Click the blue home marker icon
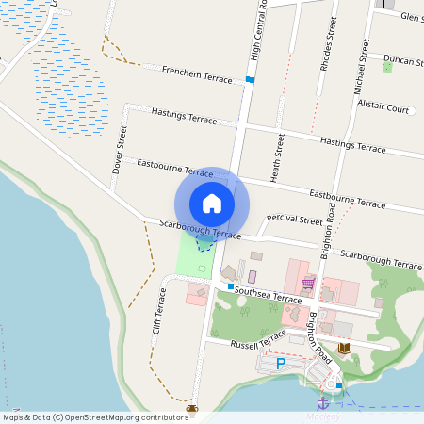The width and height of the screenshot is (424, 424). (x=212, y=203)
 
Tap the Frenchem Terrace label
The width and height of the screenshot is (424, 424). (x=197, y=74)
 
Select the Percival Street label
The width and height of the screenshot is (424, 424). (x=295, y=220)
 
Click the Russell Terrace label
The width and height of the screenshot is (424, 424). (x=259, y=339)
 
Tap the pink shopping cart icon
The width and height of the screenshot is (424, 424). (x=308, y=282)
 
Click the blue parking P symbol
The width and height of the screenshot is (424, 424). (x=280, y=363)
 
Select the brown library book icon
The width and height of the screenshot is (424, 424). (x=344, y=349)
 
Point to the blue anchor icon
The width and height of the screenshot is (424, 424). (x=326, y=402)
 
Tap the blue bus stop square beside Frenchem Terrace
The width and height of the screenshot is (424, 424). (x=250, y=79)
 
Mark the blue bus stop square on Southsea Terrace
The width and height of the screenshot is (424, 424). (x=230, y=285)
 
